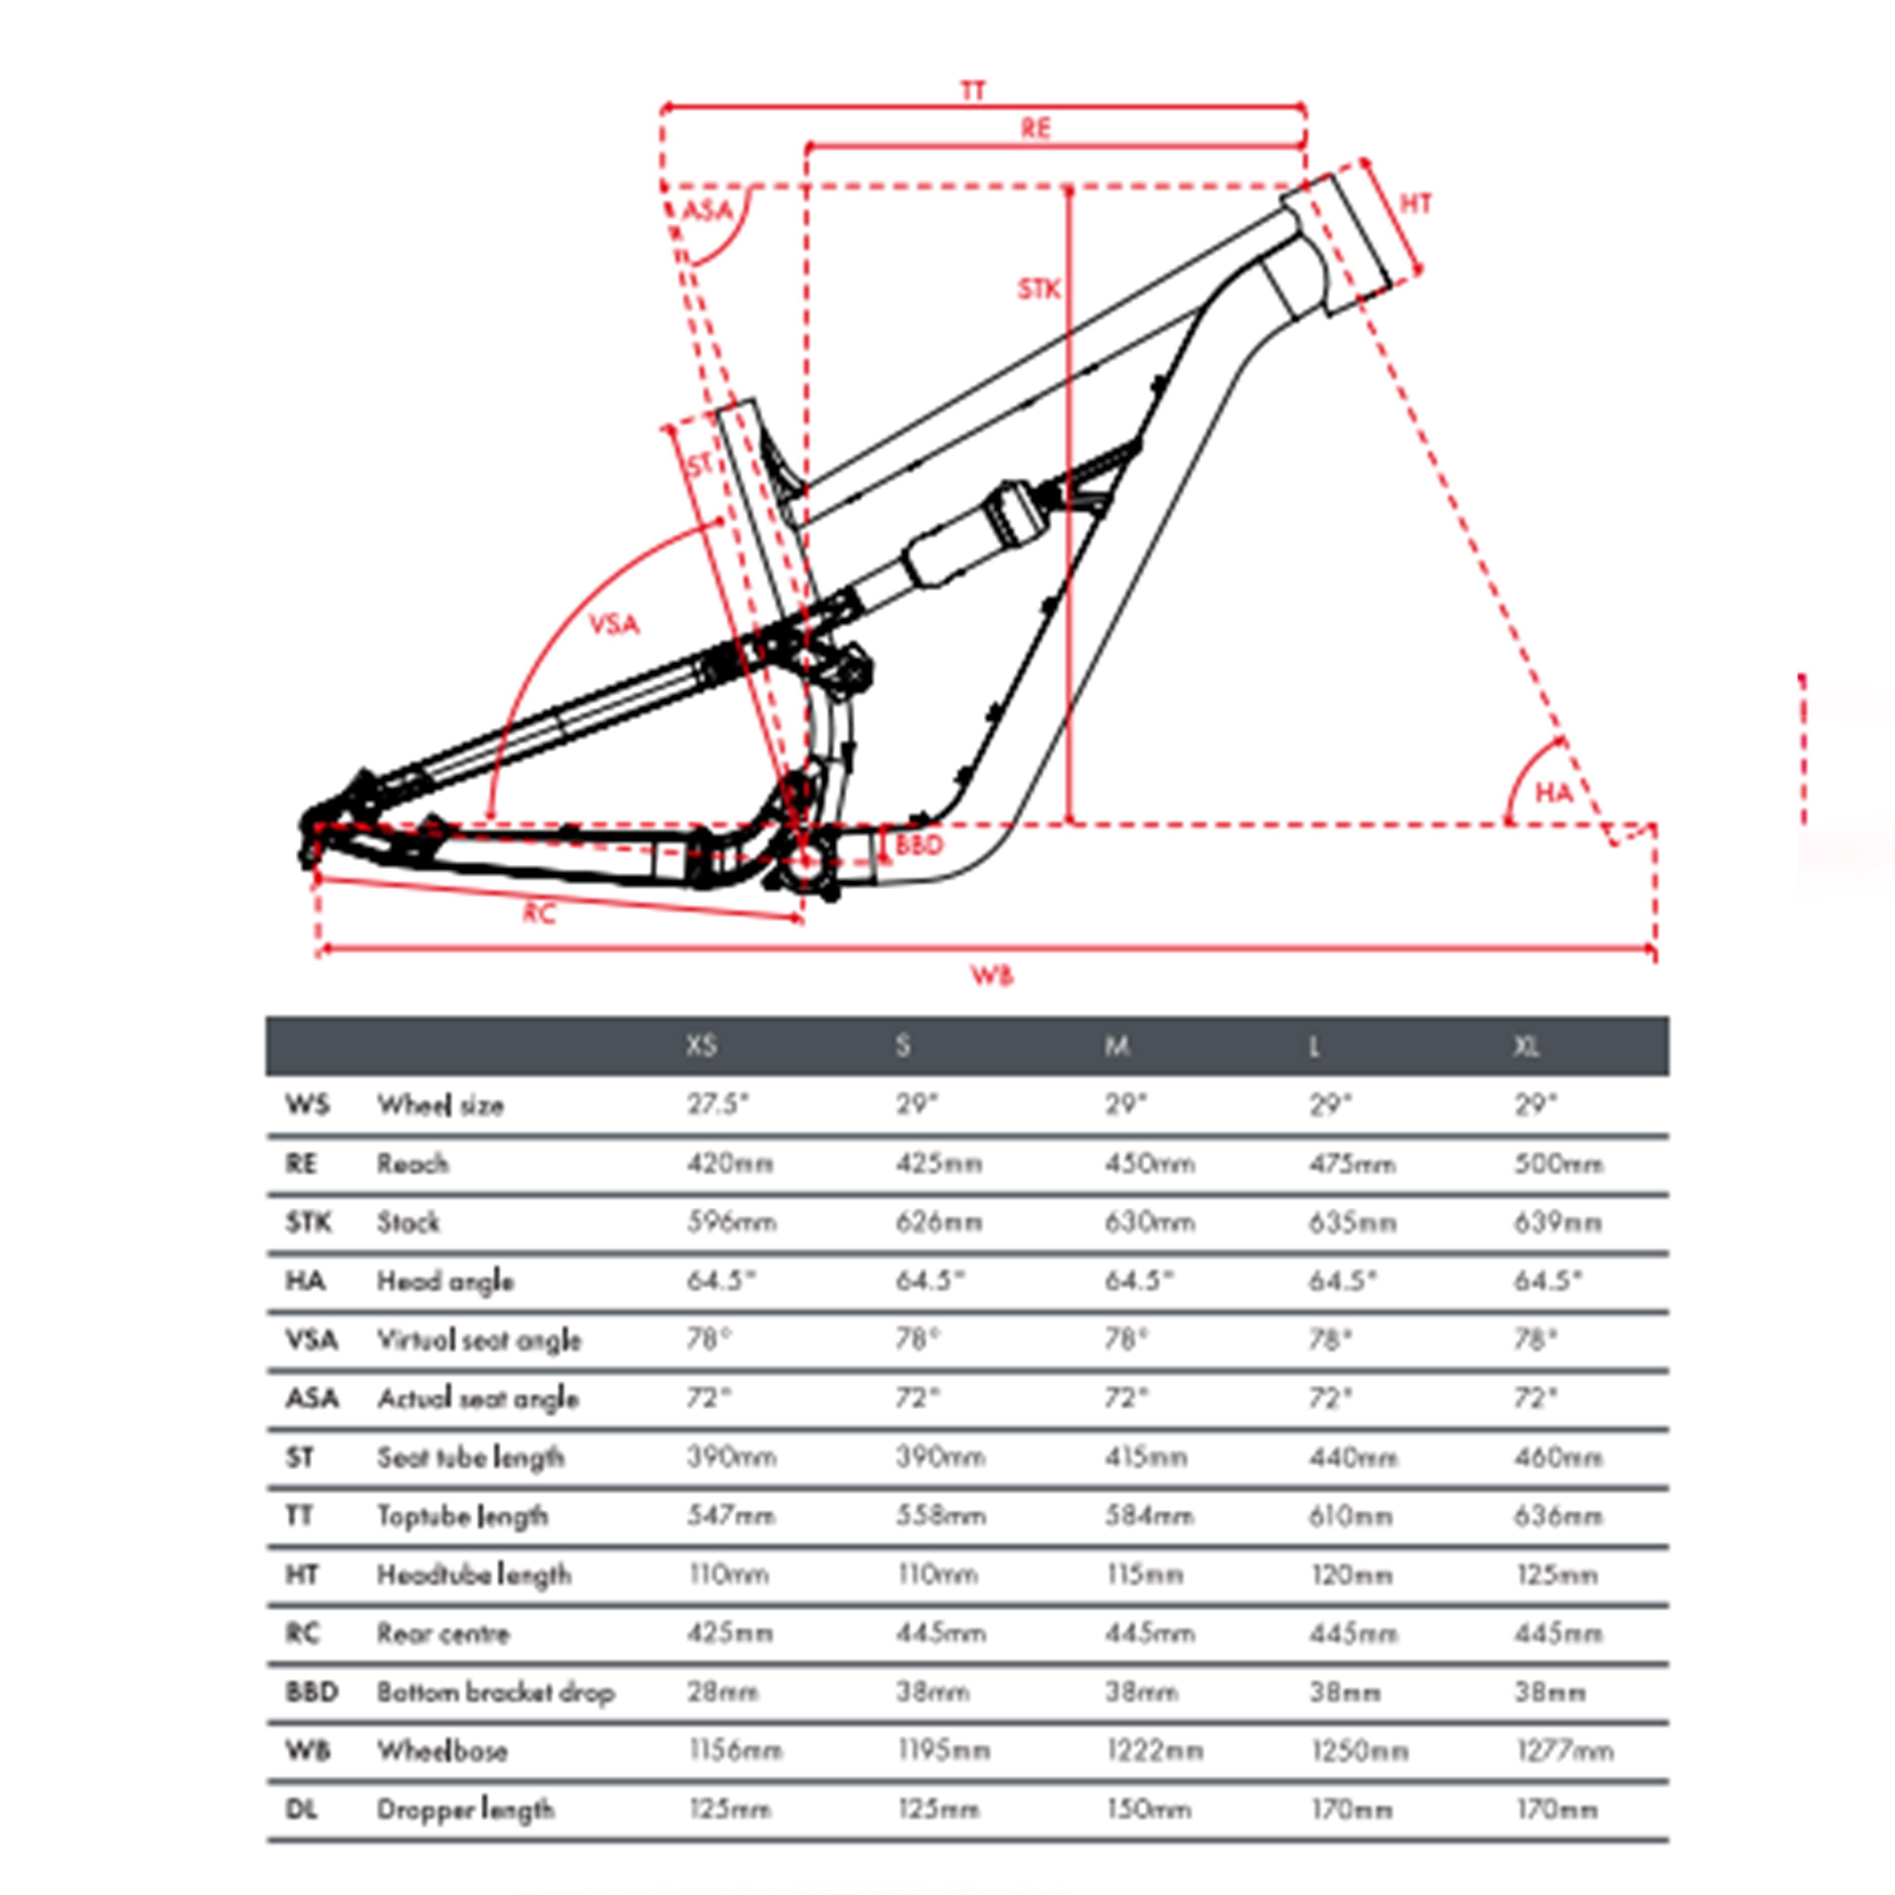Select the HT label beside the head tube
click(x=1416, y=204)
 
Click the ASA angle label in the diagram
click(x=707, y=210)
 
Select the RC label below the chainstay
click(x=539, y=914)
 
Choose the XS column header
click(x=701, y=1047)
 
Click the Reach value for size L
click(x=1352, y=1164)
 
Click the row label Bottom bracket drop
click(x=496, y=1692)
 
